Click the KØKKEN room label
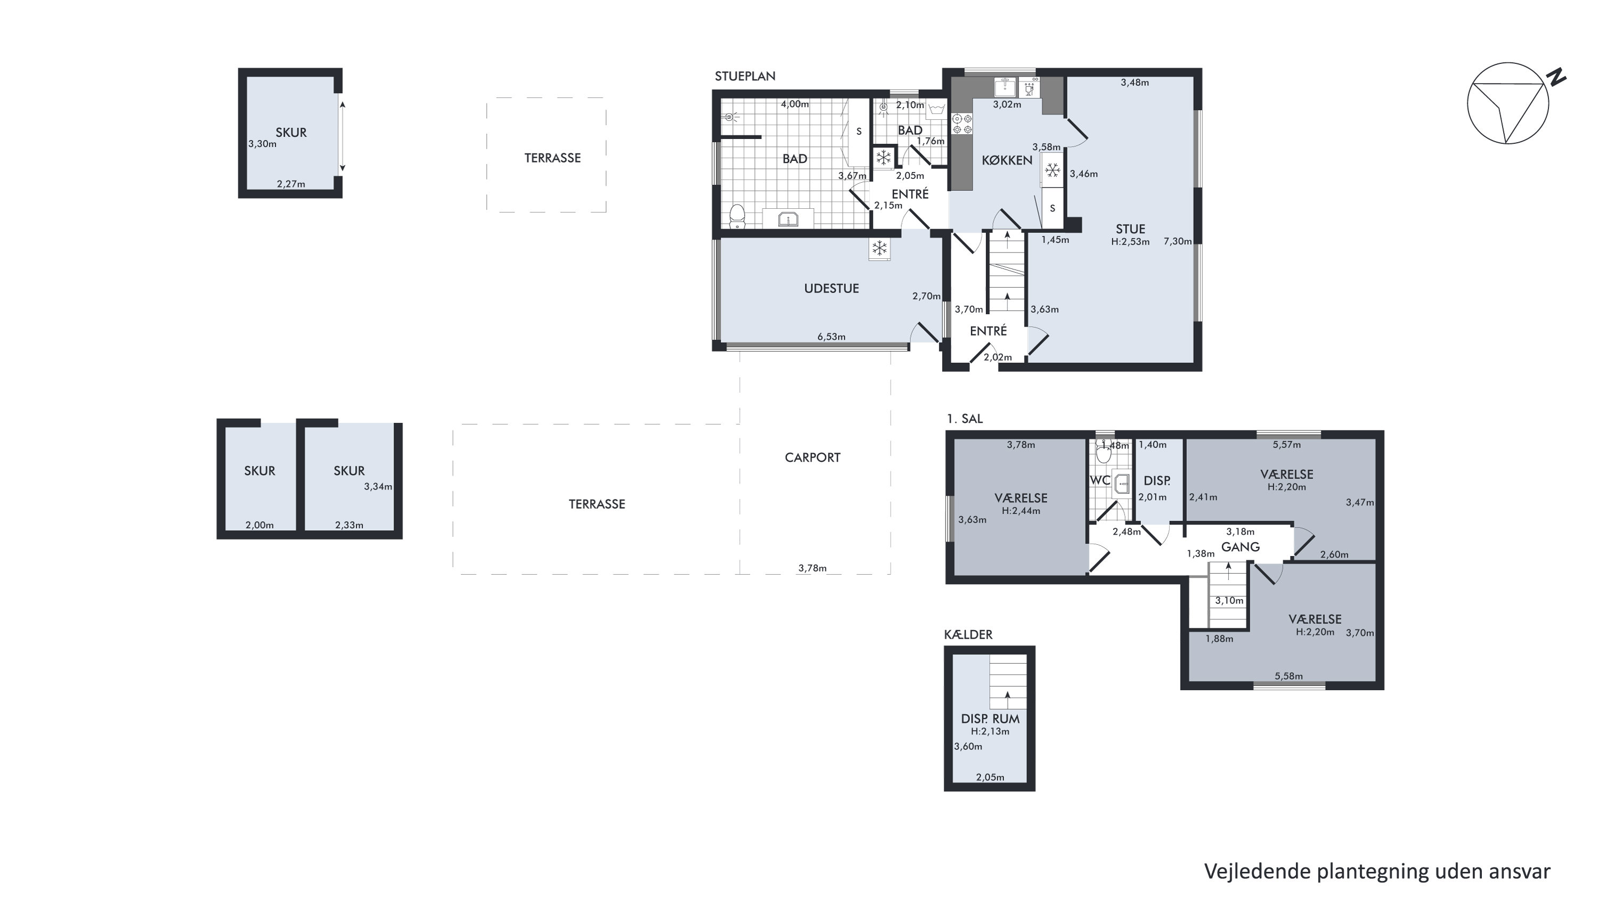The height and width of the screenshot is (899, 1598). click(x=1007, y=160)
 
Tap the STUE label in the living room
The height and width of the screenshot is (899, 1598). click(x=1130, y=229)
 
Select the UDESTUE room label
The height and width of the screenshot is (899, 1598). click(x=831, y=289)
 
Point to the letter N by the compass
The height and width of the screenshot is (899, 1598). click(x=1556, y=78)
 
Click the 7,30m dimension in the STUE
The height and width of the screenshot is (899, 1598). click(x=1177, y=241)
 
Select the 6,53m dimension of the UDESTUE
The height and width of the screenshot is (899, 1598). click(x=831, y=337)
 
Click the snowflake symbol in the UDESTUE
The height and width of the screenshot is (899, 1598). click(x=879, y=249)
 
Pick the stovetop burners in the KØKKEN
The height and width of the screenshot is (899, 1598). click(x=961, y=124)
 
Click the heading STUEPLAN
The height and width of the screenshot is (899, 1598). click(x=745, y=76)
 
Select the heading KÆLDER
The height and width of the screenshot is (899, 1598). click(x=968, y=634)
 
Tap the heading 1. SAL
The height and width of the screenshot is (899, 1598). click(x=965, y=419)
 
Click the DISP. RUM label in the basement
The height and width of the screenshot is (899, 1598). click(x=990, y=718)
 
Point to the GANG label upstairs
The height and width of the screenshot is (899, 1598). click(x=1240, y=546)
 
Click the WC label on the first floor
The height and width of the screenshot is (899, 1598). click(x=1100, y=480)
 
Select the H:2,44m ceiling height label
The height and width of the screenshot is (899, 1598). click(x=1021, y=511)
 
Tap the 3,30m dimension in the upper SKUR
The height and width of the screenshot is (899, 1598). click(x=263, y=144)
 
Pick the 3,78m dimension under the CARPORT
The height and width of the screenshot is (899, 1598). click(x=812, y=568)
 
